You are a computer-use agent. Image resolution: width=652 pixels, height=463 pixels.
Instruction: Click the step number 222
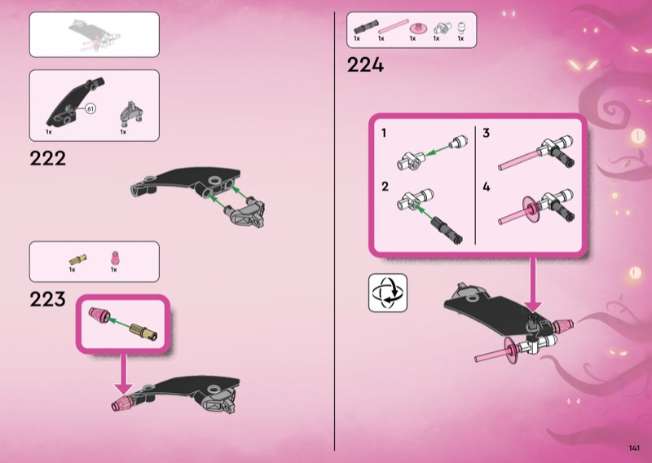(x=47, y=158)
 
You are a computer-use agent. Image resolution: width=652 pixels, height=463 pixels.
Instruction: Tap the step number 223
(x=47, y=299)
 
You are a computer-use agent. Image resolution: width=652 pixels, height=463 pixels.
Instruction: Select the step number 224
(x=365, y=65)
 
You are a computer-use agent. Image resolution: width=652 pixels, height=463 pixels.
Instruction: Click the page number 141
(x=634, y=448)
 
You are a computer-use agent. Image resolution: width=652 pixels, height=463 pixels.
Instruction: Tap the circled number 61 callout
(x=90, y=109)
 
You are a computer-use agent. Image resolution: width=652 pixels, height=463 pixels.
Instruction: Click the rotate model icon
(x=388, y=293)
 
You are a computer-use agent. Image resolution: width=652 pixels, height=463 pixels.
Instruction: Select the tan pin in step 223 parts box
(x=77, y=259)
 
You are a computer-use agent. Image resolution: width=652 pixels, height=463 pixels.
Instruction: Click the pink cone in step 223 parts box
(x=115, y=258)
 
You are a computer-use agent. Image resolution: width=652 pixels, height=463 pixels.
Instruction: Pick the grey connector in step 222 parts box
(x=131, y=113)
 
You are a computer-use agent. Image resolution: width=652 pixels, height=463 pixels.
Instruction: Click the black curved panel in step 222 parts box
(x=75, y=102)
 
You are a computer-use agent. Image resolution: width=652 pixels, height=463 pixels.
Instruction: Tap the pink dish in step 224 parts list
(x=417, y=29)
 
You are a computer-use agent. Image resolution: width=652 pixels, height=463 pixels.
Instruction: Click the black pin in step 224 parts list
(x=366, y=27)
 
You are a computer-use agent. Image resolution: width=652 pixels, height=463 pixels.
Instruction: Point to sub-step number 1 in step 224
(x=383, y=133)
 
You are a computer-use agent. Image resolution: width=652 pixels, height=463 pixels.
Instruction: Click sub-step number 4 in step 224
(x=487, y=187)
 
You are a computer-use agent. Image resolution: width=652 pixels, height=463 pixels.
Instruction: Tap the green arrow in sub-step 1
(x=438, y=150)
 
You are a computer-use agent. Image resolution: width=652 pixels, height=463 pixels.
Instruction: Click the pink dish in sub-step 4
(x=532, y=209)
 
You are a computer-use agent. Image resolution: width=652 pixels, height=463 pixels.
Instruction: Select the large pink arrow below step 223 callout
(x=123, y=373)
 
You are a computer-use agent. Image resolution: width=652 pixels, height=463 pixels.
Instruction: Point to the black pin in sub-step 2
(x=446, y=229)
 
